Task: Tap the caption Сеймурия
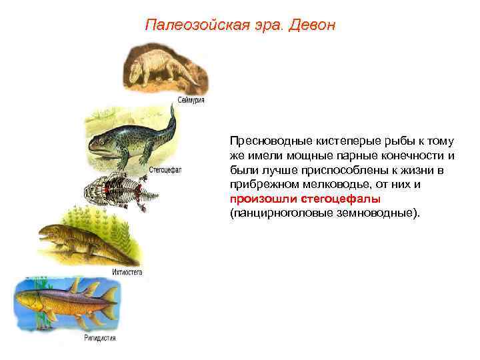(191, 100)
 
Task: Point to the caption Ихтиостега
(127, 272)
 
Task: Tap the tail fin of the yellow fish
(109, 294)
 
